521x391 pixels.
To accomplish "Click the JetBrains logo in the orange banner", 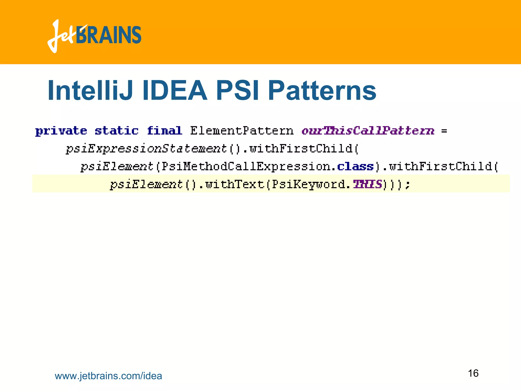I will [x=94, y=36].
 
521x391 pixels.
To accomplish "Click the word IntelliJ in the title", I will [x=90, y=90].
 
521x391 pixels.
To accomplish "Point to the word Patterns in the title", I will [x=322, y=90].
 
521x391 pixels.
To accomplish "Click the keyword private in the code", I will [x=61, y=131].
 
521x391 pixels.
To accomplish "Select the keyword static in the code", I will [x=117, y=131].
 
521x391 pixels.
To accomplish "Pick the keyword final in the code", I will [x=164, y=131].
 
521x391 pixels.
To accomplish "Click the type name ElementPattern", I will [x=242, y=131].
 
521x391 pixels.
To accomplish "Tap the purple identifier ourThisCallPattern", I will [x=368, y=131].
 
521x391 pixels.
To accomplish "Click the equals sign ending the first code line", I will [x=444, y=131].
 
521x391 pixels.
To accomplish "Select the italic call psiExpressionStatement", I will [x=146, y=149].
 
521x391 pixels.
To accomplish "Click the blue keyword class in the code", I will [x=355, y=166].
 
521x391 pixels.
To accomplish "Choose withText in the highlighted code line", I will [x=235, y=184].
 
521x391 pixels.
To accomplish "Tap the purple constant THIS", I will [x=367, y=184].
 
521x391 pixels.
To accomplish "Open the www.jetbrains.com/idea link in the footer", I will [x=108, y=376].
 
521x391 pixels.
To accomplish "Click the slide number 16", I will [x=473, y=373].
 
